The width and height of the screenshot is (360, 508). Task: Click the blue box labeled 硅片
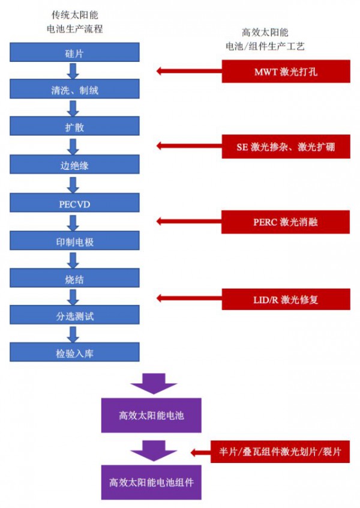[x=74, y=53]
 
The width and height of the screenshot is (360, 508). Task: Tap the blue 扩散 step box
[x=74, y=127]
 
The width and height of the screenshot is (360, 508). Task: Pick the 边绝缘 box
[x=74, y=165]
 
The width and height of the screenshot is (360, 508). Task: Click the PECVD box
[x=74, y=203]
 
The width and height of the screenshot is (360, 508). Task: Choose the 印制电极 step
[x=74, y=241]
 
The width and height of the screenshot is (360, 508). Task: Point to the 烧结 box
[x=74, y=278]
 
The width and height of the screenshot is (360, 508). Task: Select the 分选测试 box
[x=74, y=315]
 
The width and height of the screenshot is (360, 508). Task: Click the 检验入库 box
[x=74, y=352]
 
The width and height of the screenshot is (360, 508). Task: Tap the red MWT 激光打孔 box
[x=286, y=71]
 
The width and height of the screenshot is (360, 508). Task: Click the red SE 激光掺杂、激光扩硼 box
[x=286, y=147]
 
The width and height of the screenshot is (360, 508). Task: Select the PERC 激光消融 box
[x=286, y=222]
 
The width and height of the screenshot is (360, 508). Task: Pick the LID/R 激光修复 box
[x=286, y=298]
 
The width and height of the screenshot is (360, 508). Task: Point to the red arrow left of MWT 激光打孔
[x=188, y=71]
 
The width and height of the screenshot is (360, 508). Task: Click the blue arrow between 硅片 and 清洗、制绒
[x=74, y=71]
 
